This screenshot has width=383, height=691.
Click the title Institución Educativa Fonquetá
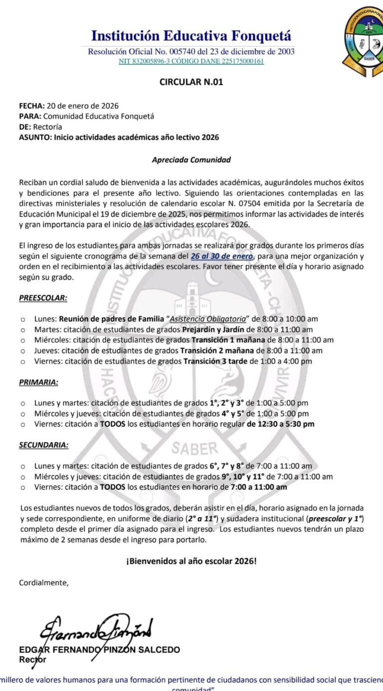[x=191, y=36]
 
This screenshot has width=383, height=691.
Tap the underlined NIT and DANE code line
[x=191, y=61]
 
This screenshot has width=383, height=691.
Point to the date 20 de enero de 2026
[x=83, y=106]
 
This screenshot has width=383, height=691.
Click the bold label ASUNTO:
[x=35, y=137]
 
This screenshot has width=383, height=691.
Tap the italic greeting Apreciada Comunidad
[x=191, y=160]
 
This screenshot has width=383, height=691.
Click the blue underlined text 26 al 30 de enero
[x=222, y=256]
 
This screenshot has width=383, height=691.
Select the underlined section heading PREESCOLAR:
[x=43, y=298]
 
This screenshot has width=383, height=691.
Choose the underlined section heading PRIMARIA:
[x=38, y=382]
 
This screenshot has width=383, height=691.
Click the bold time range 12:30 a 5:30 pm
[x=281, y=424]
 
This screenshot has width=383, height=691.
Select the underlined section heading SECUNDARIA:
[x=44, y=444]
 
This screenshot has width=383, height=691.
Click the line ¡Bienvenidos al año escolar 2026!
[x=191, y=561]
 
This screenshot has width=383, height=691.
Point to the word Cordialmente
[x=44, y=582]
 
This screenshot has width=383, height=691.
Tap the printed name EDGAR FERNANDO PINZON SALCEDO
[x=99, y=650]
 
